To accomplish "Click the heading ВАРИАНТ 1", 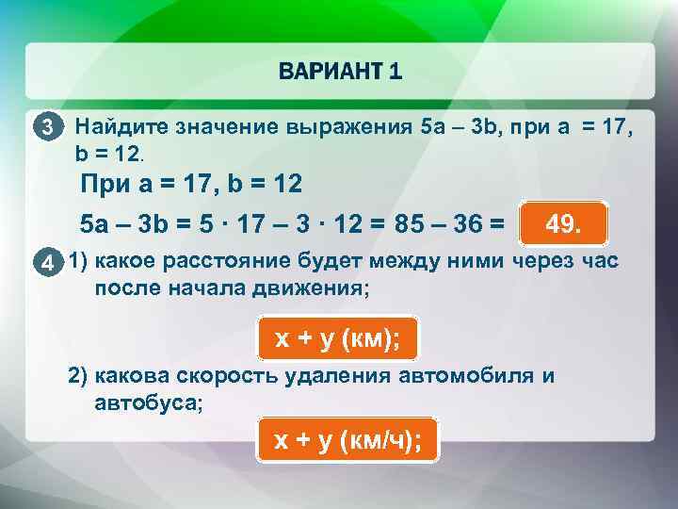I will pos(340,72).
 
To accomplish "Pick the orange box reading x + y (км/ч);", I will pos(347,439).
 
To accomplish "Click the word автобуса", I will pos(146,402).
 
